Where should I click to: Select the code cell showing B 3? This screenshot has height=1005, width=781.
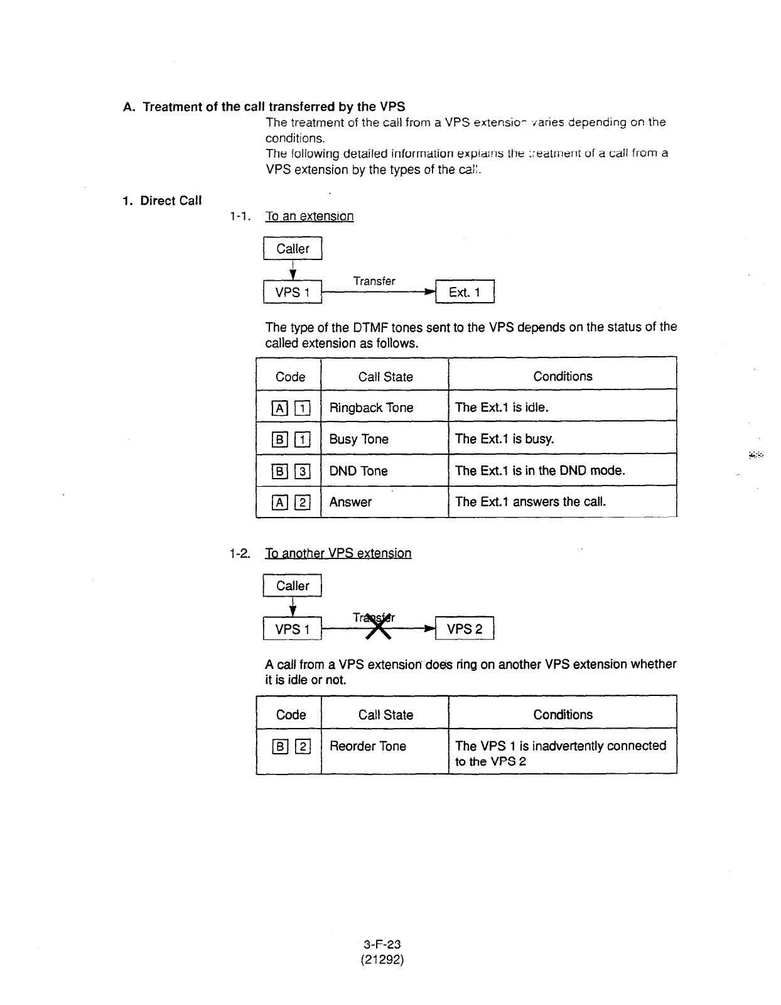[x=289, y=471]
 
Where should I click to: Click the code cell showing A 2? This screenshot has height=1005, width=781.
[x=289, y=503]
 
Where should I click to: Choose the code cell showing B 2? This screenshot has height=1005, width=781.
[x=289, y=747]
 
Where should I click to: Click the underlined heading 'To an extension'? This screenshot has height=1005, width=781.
[x=310, y=217]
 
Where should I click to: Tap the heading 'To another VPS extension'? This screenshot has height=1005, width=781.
[x=338, y=553]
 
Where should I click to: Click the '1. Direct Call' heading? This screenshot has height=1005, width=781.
[x=162, y=200]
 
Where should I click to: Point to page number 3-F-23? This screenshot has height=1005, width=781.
[x=382, y=944]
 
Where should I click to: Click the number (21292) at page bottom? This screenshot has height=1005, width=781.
[x=382, y=960]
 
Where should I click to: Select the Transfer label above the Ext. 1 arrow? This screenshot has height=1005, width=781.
[x=374, y=281]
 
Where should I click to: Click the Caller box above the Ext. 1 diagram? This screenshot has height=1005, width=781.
[x=293, y=249]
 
